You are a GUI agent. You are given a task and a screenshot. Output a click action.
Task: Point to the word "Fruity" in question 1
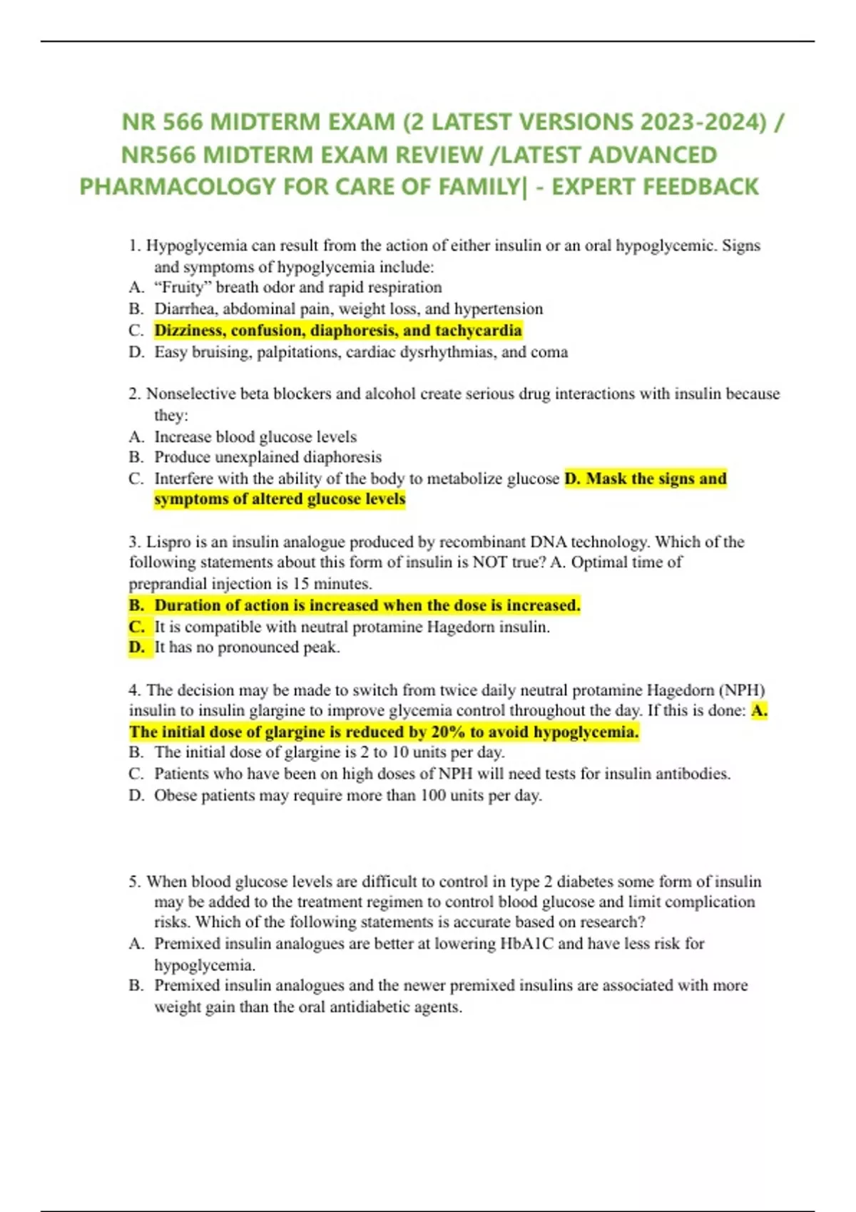coord(180,287)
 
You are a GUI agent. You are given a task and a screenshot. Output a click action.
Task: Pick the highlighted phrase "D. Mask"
coord(596,478)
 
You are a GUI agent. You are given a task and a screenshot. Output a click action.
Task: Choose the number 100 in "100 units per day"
coord(433,796)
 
